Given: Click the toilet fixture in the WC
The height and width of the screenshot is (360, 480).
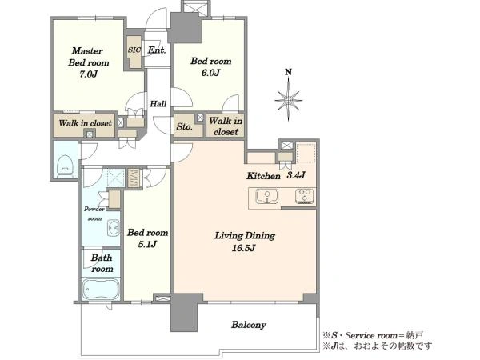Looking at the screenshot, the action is (x=65, y=166).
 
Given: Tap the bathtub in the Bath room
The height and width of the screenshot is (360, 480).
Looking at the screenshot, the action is (x=101, y=290).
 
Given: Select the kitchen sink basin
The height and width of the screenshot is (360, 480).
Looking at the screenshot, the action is (x=267, y=197).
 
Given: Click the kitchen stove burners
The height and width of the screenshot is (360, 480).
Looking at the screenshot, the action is (x=304, y=197).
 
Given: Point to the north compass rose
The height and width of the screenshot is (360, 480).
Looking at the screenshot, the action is (x=288, y=100).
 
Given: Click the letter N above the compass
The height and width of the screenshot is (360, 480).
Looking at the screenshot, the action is (x=288, y=72).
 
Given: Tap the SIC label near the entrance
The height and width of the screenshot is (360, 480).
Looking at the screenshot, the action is (x=134, y=50).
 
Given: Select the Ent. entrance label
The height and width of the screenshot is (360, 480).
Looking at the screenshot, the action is (x=157, y=50).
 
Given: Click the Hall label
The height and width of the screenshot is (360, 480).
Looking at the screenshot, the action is (x=158, y=104).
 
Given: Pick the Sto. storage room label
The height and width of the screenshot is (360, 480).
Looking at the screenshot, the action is (x=184, y=126).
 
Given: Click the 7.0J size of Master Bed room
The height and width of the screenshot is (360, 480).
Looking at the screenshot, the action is (x=88, y=74).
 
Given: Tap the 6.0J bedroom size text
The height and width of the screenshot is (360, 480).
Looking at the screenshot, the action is (x=210, y=73).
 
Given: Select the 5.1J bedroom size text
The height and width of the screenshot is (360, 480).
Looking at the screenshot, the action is (x=147, y=244).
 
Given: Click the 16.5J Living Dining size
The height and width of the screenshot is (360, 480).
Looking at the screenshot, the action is (x=244, y=248).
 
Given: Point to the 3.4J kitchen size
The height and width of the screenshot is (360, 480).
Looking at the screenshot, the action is (x=296, y=175).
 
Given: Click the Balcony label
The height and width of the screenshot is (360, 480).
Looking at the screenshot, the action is (x=249, y=325).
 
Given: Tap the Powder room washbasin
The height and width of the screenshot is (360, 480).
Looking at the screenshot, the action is (x=114, y=228).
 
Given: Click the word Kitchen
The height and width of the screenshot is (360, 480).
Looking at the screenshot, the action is (x=263, y=176).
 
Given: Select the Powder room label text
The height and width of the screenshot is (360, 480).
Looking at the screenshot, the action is (x=94, y=214).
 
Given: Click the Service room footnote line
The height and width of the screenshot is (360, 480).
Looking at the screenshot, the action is (x=373, y=335).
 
